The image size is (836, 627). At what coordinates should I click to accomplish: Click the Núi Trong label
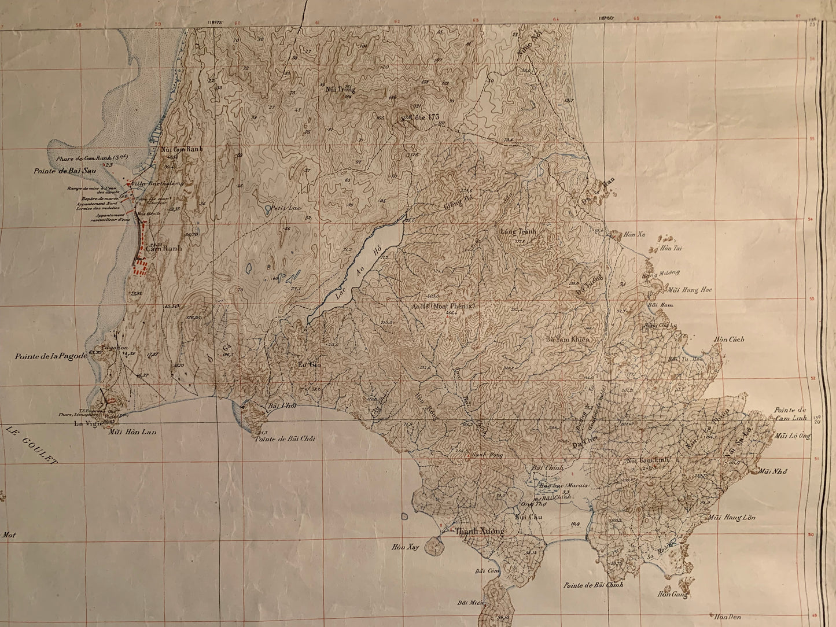pyautogui.click(x=340, y=90)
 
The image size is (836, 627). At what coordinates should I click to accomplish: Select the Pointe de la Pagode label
pyautogui.click(x=52, y=356)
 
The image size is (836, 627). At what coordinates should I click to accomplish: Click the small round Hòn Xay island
pyautogui.click(x=432, y=545)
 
